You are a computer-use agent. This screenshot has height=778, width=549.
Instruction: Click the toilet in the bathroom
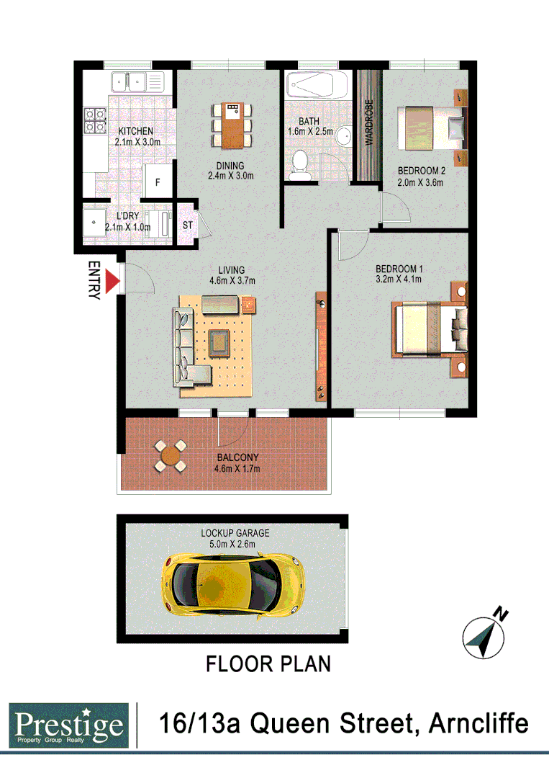click(x=300, y=166)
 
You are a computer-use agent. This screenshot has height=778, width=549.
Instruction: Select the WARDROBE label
click(x=369, y=123)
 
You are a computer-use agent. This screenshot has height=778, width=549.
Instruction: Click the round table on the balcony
click(x=170, y=455)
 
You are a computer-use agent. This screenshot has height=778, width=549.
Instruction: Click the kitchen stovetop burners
click(x=96, y=120)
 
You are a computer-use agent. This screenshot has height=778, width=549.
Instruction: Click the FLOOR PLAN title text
click(x=268, y=663)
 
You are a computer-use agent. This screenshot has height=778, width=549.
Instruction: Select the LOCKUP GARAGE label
click(x=235, y=533)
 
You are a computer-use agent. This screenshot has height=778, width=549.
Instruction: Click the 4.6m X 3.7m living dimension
click(x=232, y=280)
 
